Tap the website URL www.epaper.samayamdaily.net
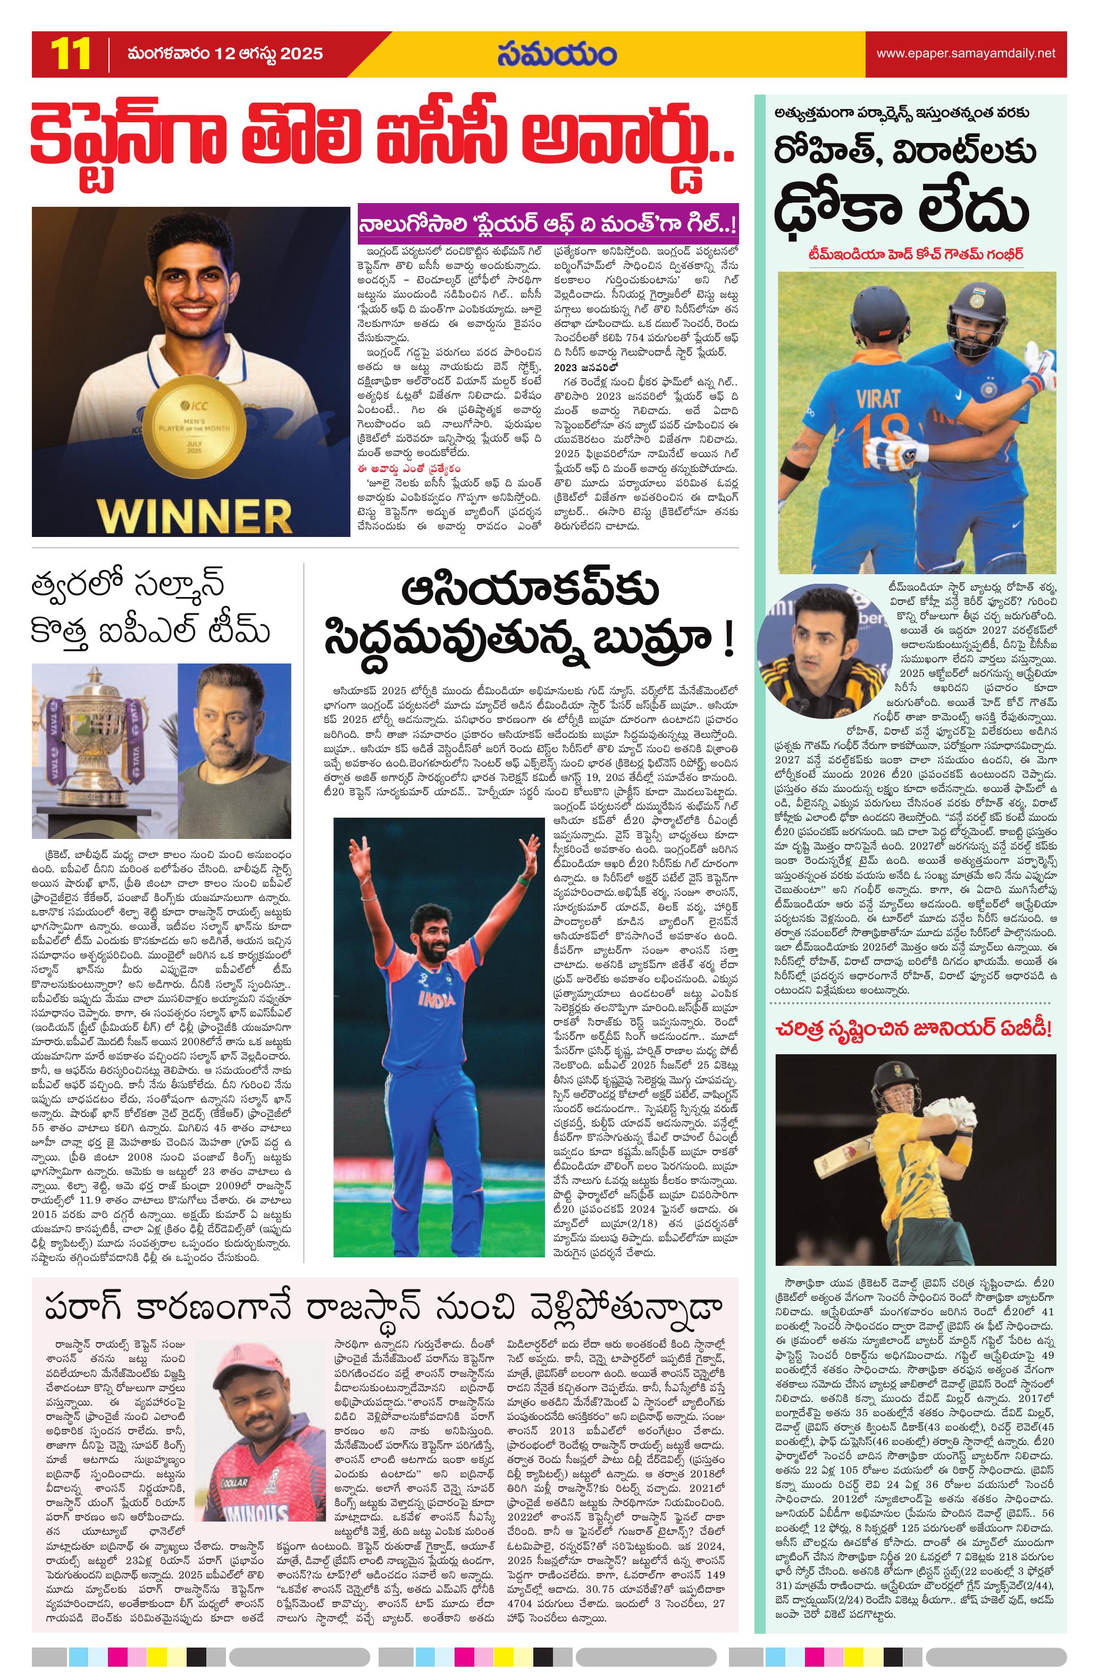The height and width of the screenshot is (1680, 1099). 966,53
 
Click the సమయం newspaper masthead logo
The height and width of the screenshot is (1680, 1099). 556,54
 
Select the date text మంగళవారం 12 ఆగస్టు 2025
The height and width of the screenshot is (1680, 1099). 225,54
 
